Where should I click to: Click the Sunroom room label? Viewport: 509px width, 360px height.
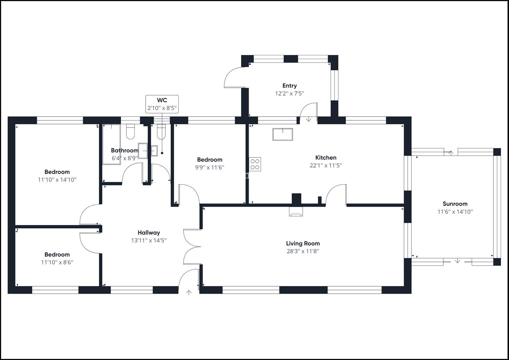click(x=455, y=204)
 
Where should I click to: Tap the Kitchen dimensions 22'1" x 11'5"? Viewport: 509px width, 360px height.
click(x=326, y=165)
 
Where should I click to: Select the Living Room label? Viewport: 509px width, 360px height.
click(x=303, y=243)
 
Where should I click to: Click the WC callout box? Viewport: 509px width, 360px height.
click(x=162, y=104)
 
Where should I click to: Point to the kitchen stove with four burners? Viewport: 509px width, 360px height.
click(x=255, y=164)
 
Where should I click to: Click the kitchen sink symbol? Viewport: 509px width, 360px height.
click(x=283, y=134)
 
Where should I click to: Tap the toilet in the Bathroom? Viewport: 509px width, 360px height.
click(x=130, y=132)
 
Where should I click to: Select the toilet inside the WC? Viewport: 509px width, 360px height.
click(x=161, y=132)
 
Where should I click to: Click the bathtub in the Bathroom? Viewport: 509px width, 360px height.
click(x=111, y=144)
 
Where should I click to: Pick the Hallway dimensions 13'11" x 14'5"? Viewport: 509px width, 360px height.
click(x=149, y=240)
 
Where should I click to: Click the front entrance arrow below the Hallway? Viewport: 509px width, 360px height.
click(x=189, y=293)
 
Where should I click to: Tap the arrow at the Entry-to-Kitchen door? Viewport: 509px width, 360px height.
click(x=309, y=119)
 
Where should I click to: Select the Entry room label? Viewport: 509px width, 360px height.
click(x=289, y=86)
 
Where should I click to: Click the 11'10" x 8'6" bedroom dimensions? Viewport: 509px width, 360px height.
click(x=57, y=262)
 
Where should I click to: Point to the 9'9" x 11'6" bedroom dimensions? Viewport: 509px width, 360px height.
click(x=209, y=167)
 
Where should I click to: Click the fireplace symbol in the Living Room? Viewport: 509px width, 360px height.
click(x=296, y=211)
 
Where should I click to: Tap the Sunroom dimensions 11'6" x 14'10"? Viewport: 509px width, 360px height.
click(x=455, y=212)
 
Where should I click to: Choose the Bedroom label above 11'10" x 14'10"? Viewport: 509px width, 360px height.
click(x=57, y=172)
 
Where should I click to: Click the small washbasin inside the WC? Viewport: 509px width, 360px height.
click(x=154, y=151)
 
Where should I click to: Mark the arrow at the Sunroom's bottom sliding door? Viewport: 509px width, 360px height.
click(x=458, y=261)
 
